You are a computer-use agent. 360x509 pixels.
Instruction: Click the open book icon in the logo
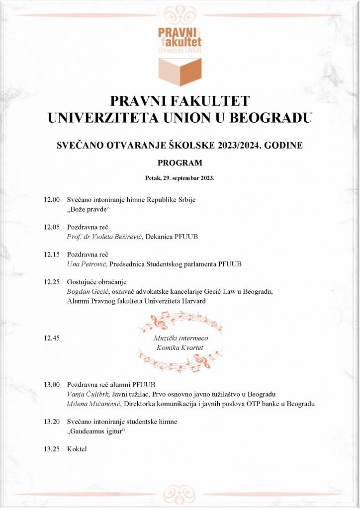point(180,72)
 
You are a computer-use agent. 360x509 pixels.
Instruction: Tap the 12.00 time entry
point(52,200)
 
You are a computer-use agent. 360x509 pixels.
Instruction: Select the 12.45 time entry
point(52,339)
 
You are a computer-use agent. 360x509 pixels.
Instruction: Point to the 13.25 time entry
point(52,449)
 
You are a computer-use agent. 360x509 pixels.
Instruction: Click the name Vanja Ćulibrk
point(87,394)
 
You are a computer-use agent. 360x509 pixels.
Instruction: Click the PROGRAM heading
point(180,163)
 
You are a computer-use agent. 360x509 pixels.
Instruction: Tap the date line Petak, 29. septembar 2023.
point(180,177)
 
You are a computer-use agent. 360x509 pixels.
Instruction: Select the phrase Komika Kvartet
point(180,347)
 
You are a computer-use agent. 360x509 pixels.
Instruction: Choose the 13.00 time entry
point(52,385)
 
